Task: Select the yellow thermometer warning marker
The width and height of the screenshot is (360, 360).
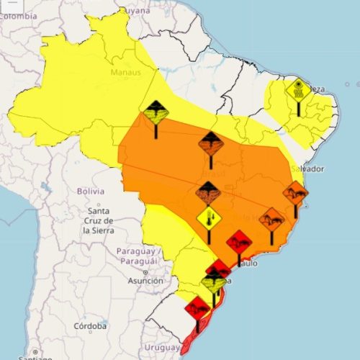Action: (209, 217)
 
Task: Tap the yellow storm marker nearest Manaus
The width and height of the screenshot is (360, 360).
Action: (155, 113)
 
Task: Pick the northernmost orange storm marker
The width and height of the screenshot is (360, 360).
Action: (211, 144)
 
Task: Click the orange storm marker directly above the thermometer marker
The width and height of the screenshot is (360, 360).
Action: (208, 193)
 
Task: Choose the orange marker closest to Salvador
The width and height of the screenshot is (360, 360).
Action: (295, 193)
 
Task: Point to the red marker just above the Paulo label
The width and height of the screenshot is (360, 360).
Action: (238, 243)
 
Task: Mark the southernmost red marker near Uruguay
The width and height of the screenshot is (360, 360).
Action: (197, 309)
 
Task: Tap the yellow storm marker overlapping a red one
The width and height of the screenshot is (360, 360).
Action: (213, 284)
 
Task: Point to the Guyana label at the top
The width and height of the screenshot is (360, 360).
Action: (134, 10)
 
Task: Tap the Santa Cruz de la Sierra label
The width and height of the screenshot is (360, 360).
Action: (98, 220)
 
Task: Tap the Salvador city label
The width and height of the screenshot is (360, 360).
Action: (307, 168)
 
